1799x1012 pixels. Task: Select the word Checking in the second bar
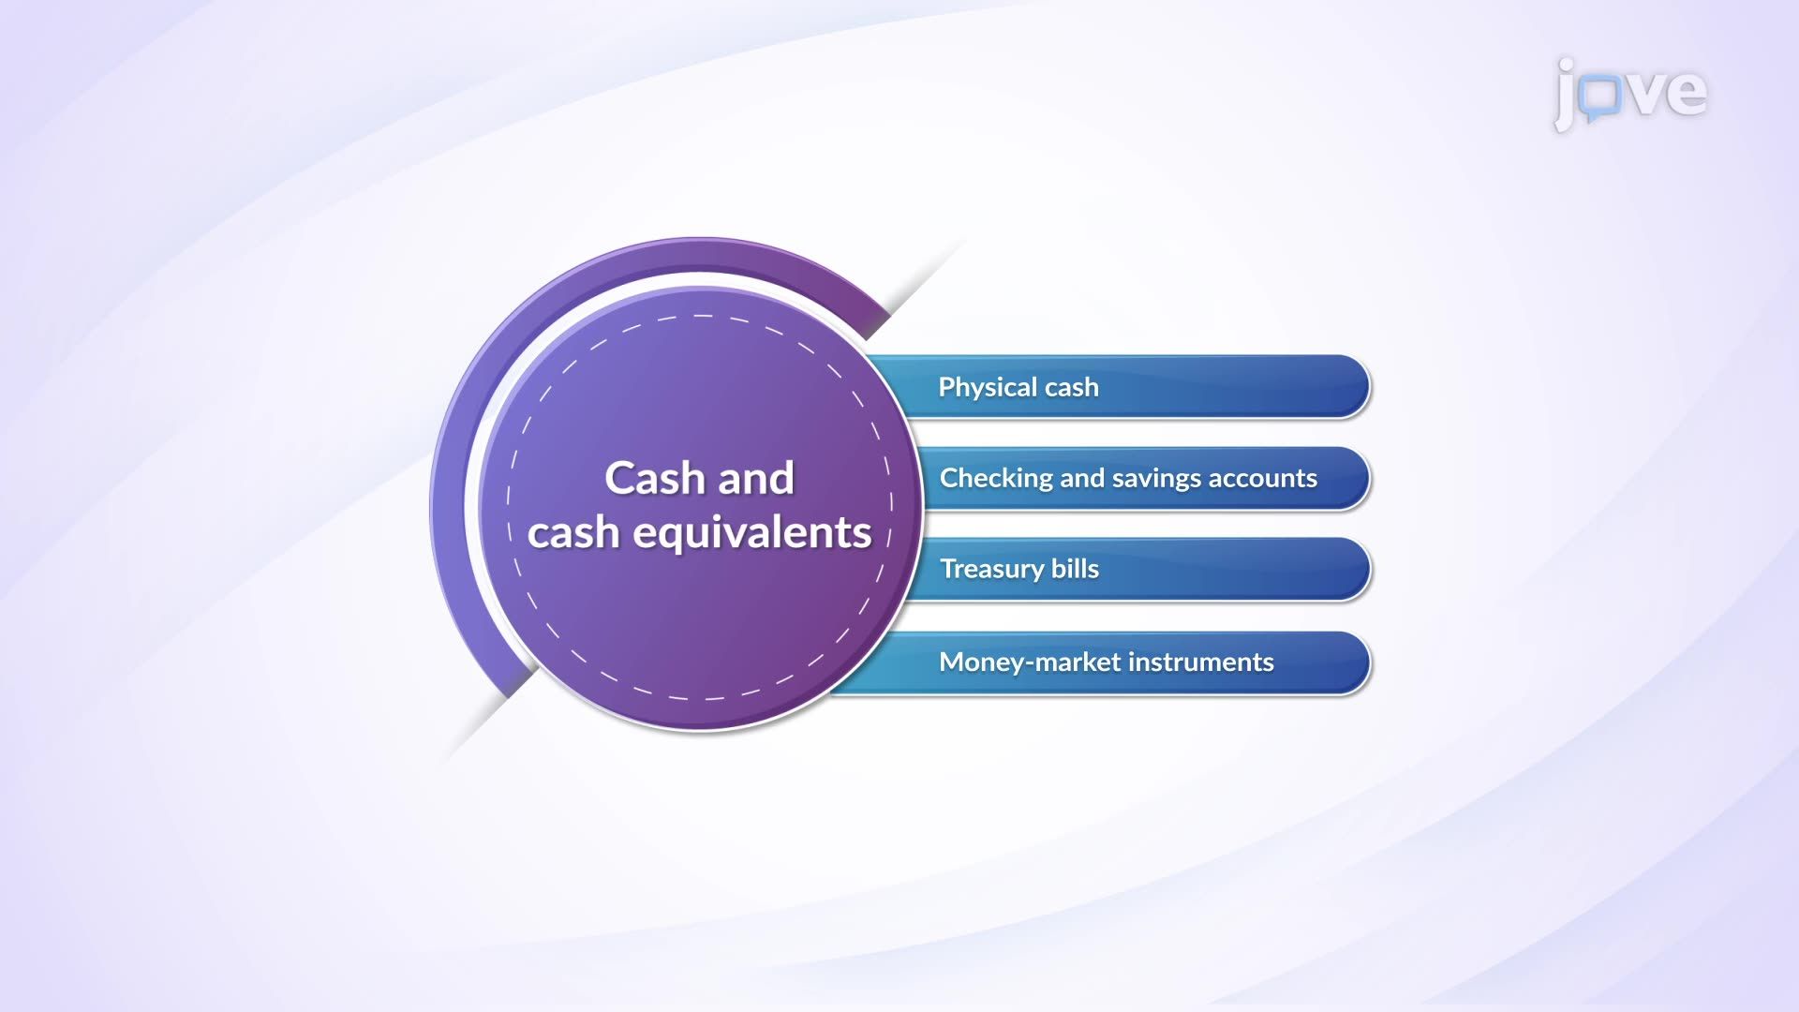tap(997, 478)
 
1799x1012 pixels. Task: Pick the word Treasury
tap(992, 570)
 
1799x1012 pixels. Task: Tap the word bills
tap(1076, 569)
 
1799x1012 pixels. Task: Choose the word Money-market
tap(1030, 662)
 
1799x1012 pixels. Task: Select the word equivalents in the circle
tap(752, 533)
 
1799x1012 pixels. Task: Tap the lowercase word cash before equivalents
tap(573, 533)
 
